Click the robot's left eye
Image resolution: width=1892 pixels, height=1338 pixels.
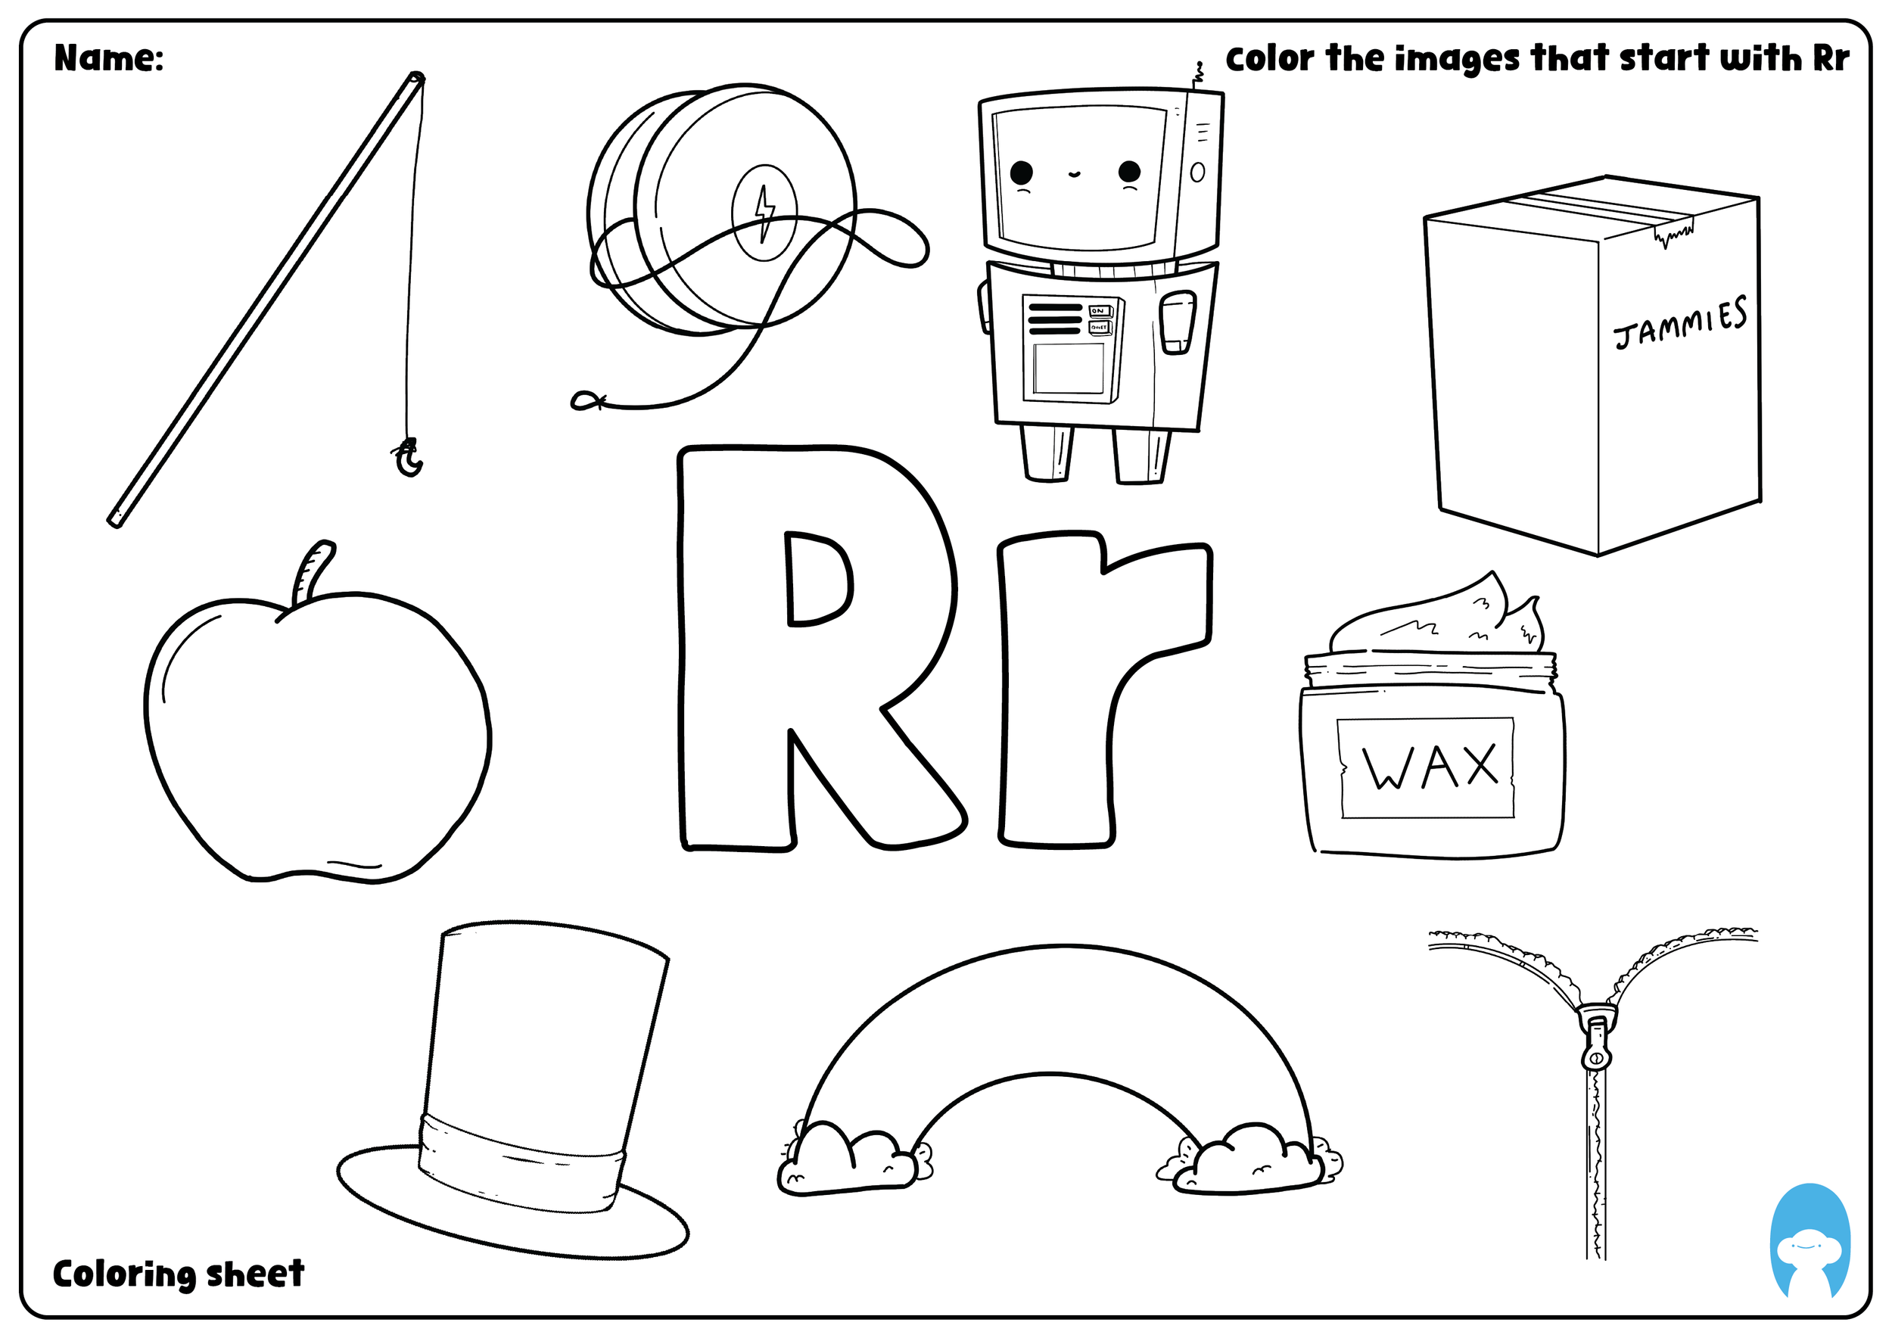tap(1021, 173)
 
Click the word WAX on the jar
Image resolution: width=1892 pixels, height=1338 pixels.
tap(1430, 767)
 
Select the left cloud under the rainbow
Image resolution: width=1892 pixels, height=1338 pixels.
tap(849, 1162)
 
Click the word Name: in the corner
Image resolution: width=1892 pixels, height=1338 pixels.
tap(109, 58)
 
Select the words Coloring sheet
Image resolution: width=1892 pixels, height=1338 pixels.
tap(178, 1274)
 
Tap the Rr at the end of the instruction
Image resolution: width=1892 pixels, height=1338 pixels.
tap(1830, 58)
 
